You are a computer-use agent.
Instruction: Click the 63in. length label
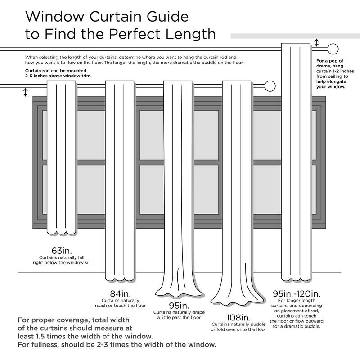62,251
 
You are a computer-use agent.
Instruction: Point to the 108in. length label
238,317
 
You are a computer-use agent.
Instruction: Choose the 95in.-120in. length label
296,293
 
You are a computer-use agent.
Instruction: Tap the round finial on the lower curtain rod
270,85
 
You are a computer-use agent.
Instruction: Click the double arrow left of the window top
25,92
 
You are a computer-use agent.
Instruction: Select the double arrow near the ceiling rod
317,43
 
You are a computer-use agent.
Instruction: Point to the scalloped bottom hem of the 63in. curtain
61,232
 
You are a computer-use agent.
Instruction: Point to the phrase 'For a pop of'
330,61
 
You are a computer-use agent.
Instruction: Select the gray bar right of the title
292,36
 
